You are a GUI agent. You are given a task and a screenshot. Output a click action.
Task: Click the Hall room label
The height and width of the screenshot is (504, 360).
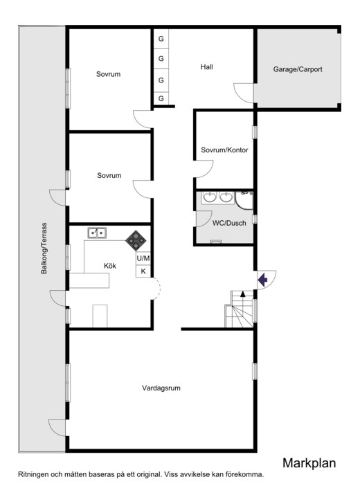pyautogui.click(x=207, y=67)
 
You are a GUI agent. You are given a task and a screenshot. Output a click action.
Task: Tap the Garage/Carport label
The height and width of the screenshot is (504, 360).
pyautogui.click(x=298, y=69)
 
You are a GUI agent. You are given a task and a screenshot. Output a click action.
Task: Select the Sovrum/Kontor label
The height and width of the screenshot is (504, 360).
pyautogui.click(x=224, y=150)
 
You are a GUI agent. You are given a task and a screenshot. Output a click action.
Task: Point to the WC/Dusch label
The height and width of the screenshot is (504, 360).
pyautogui.click(x=229, y=223)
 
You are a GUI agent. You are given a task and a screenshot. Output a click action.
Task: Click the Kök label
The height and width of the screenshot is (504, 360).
pyautogui.click(x=110, y=266)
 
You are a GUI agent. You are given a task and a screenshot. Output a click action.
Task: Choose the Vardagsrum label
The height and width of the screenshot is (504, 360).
pyautogui.click(x=161, y=388)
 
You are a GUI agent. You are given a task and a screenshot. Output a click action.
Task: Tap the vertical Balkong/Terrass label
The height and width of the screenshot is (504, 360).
pyautogui.click(x=44, y=248)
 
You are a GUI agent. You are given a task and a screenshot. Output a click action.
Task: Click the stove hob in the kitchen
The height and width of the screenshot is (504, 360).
pyautogui.click(x=136, y=241)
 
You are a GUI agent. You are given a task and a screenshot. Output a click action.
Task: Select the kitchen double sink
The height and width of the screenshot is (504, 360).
pyautogui.click(x=97, y=233)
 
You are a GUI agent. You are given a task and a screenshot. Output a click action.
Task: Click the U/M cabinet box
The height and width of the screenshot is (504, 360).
pyautogui.click(x=143, y=258)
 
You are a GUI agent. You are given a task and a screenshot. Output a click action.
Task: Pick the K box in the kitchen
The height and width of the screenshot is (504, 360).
pyautogui.click(x=143, y=271)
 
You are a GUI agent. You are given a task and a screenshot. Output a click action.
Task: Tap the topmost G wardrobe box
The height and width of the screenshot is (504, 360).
pyautogui.click(x=161, y=39)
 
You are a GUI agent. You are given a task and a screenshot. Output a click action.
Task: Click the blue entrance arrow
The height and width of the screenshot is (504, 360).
pyautogui.click(x=262, y=280)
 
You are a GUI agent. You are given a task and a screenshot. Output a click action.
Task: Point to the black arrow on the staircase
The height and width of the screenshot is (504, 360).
pyautogui.click(x=243, y=294)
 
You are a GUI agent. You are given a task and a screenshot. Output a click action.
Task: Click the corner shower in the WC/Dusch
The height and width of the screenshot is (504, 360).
pyautogui.click(x=244, y=200)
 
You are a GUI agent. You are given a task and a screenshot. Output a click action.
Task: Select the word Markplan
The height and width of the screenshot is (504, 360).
pyautogui.click(x=309, y=463)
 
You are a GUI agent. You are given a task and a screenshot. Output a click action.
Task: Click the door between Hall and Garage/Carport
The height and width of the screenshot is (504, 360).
pyautogui.click(x=244, y=93)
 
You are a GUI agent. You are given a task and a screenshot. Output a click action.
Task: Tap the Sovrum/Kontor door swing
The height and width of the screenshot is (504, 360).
pyautogui.click(x=204, y=169)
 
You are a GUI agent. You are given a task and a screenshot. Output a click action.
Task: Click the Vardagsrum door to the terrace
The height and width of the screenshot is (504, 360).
pyautogui.click(x=57, y=428)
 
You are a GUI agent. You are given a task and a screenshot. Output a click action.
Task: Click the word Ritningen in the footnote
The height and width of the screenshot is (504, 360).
pyautogui.click(x=33, y=474)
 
